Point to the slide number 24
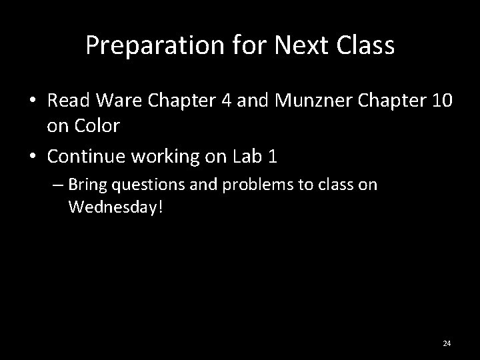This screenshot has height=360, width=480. click(447, 343)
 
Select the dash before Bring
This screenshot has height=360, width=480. click(59, 184)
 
